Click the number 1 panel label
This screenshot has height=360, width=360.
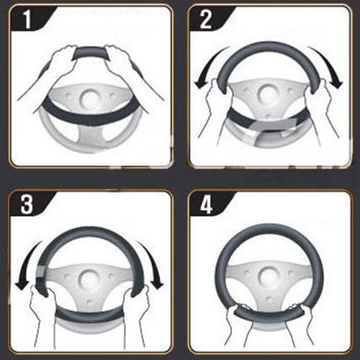click(28, 20)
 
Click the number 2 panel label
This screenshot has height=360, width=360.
click(206, 20)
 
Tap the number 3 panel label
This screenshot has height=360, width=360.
click(27, 204)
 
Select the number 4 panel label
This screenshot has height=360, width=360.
click(206, 204)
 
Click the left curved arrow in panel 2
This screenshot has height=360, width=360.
click(208, 65)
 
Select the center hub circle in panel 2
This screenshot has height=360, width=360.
click(266, 94)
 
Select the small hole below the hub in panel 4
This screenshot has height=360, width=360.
click(269, 300)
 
